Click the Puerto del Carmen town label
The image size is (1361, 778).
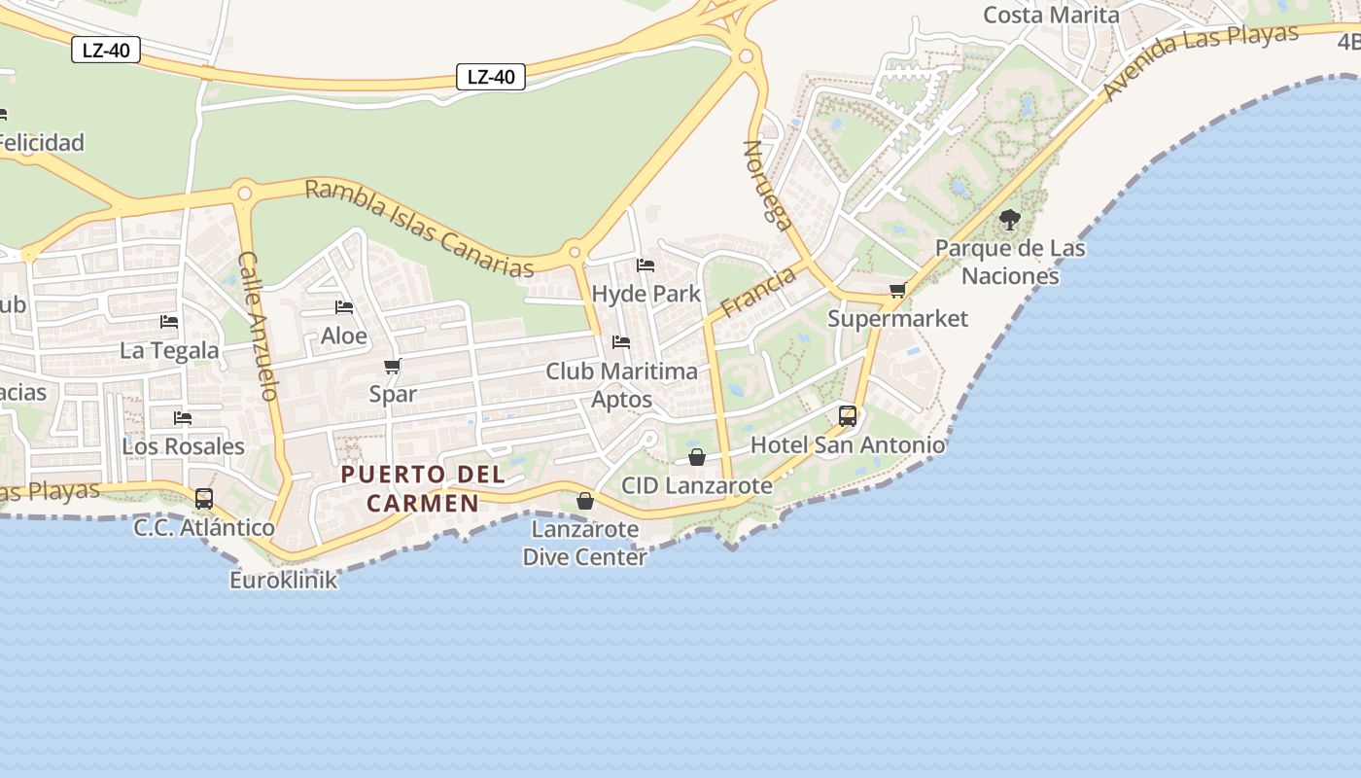click(423, 488)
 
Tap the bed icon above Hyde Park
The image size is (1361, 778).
click(646, 265)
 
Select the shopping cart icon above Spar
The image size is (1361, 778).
click(393, 367)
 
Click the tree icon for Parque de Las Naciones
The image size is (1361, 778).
click(1010, 220)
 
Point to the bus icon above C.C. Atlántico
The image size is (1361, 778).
click(204, 499)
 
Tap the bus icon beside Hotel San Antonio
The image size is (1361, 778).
click(848, 416)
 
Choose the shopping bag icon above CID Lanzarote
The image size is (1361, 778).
click(697, 456)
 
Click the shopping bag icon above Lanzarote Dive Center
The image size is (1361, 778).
click(585, 501)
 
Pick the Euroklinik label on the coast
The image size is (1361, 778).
click(284, 581)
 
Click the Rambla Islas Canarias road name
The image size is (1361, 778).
click(420, 228)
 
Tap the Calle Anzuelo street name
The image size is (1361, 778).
click(259, 326)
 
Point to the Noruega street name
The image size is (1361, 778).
click(767, 184)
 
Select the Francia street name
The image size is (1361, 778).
click(758, 292)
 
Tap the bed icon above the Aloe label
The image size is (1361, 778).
click(344, 307)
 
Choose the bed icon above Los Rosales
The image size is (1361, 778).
click(183, 418)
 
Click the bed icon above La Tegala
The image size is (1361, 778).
click(169, 322)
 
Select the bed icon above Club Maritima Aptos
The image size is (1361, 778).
click(621, 342)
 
